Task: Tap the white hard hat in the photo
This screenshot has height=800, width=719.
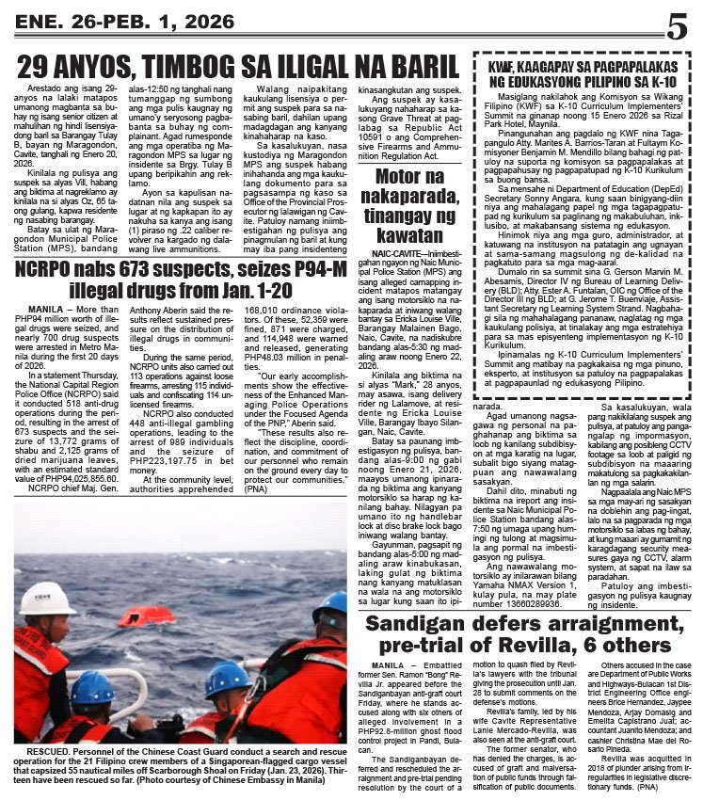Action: pos(46,600)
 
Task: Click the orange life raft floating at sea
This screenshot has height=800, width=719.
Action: pos(147,618)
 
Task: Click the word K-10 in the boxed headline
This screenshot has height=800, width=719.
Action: pos(671,83)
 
